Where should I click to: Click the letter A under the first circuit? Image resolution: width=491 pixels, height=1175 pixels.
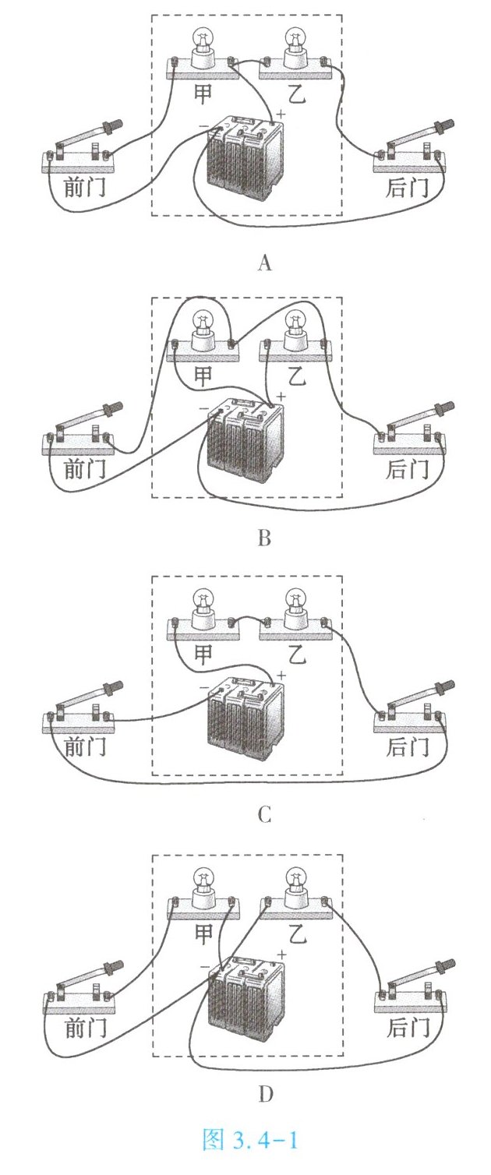pos(264,263)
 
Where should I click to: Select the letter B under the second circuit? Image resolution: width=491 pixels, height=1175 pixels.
pos(264,538)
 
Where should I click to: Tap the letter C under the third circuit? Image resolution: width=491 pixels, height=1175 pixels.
pos(264,815)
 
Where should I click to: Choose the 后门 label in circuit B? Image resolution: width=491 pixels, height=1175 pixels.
pos(408,468)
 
